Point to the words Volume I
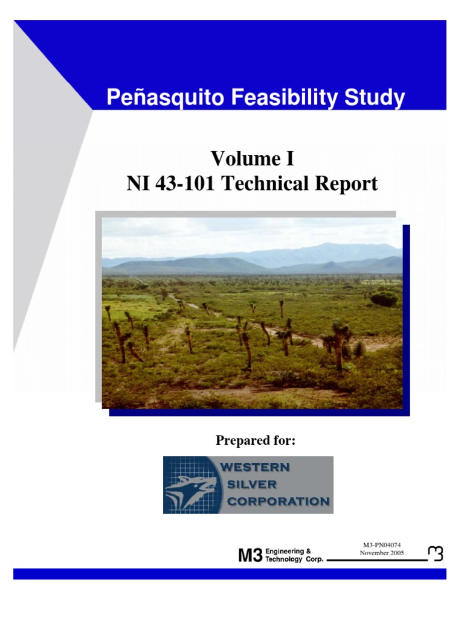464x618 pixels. [252, 159]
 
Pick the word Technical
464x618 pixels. [272, 183]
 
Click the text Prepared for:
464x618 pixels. [256, 441]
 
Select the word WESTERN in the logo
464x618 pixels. [255, 467]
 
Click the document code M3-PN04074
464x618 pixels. [381, 545]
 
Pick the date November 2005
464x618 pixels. [382, 553]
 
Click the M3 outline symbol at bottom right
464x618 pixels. [435, 553]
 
